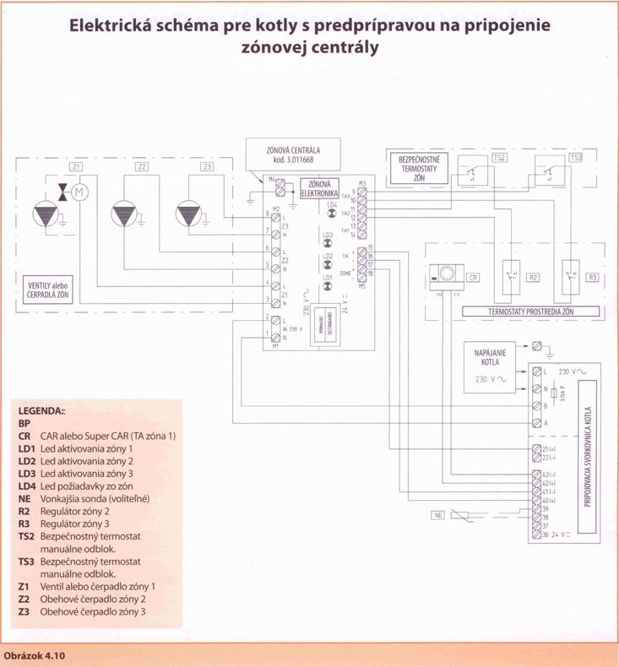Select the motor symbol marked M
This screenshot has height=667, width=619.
tap(80, 193)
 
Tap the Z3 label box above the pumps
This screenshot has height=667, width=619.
tap(207, 167)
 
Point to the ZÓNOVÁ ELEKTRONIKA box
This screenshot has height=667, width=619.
tap(318, 188)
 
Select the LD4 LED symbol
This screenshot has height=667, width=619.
tap(332, 212)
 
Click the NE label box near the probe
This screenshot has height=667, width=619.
tap(437, 515)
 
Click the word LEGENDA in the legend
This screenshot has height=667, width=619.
tap(41, 409)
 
